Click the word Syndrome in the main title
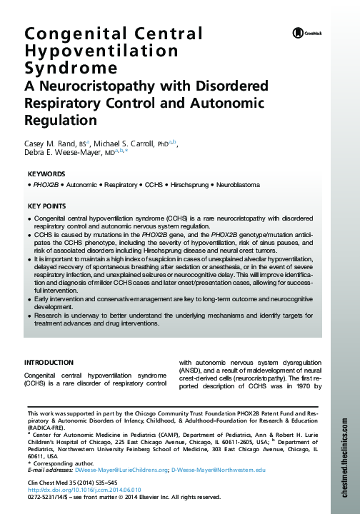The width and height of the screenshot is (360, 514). click(71, 69)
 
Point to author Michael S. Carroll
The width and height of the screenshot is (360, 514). click(126, 143)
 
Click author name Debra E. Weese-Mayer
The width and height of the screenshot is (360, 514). click(63, 153)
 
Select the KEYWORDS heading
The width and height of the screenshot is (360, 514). click(46, 174)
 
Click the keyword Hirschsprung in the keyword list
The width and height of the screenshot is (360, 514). click(187, 186)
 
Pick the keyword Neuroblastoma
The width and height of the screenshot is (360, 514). click(238, 186)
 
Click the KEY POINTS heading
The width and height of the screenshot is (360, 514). click(47, 206)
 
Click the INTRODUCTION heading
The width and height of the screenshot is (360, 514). click(49, 363)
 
